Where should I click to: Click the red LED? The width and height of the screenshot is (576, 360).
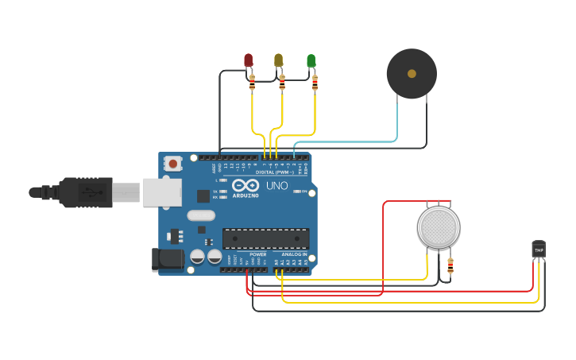(248, 60)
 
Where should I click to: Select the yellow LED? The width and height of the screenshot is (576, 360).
(279, 60)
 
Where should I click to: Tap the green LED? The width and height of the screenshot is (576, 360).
(311, 60)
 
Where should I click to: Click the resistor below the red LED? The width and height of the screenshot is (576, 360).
(252, 82)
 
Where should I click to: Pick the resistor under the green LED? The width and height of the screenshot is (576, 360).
(315, 82)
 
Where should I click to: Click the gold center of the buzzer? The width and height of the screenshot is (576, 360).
(412, 74)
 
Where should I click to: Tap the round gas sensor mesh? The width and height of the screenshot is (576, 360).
(439, 227)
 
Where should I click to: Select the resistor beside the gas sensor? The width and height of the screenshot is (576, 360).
(450, 265)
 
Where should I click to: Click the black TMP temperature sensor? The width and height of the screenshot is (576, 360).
(539, 250)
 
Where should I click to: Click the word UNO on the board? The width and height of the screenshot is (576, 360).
(276, 186)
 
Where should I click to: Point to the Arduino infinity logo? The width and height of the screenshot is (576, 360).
(245, 185)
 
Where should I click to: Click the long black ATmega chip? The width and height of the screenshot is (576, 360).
(265, 238)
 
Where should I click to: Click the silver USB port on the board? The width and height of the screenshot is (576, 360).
(162, 192)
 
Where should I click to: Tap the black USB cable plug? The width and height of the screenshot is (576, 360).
(83, 192)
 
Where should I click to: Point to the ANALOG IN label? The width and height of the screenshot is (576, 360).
(294, 254)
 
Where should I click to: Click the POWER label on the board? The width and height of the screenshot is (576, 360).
(258, 254)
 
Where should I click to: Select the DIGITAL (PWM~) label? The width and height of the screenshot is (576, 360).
(274, 172)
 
